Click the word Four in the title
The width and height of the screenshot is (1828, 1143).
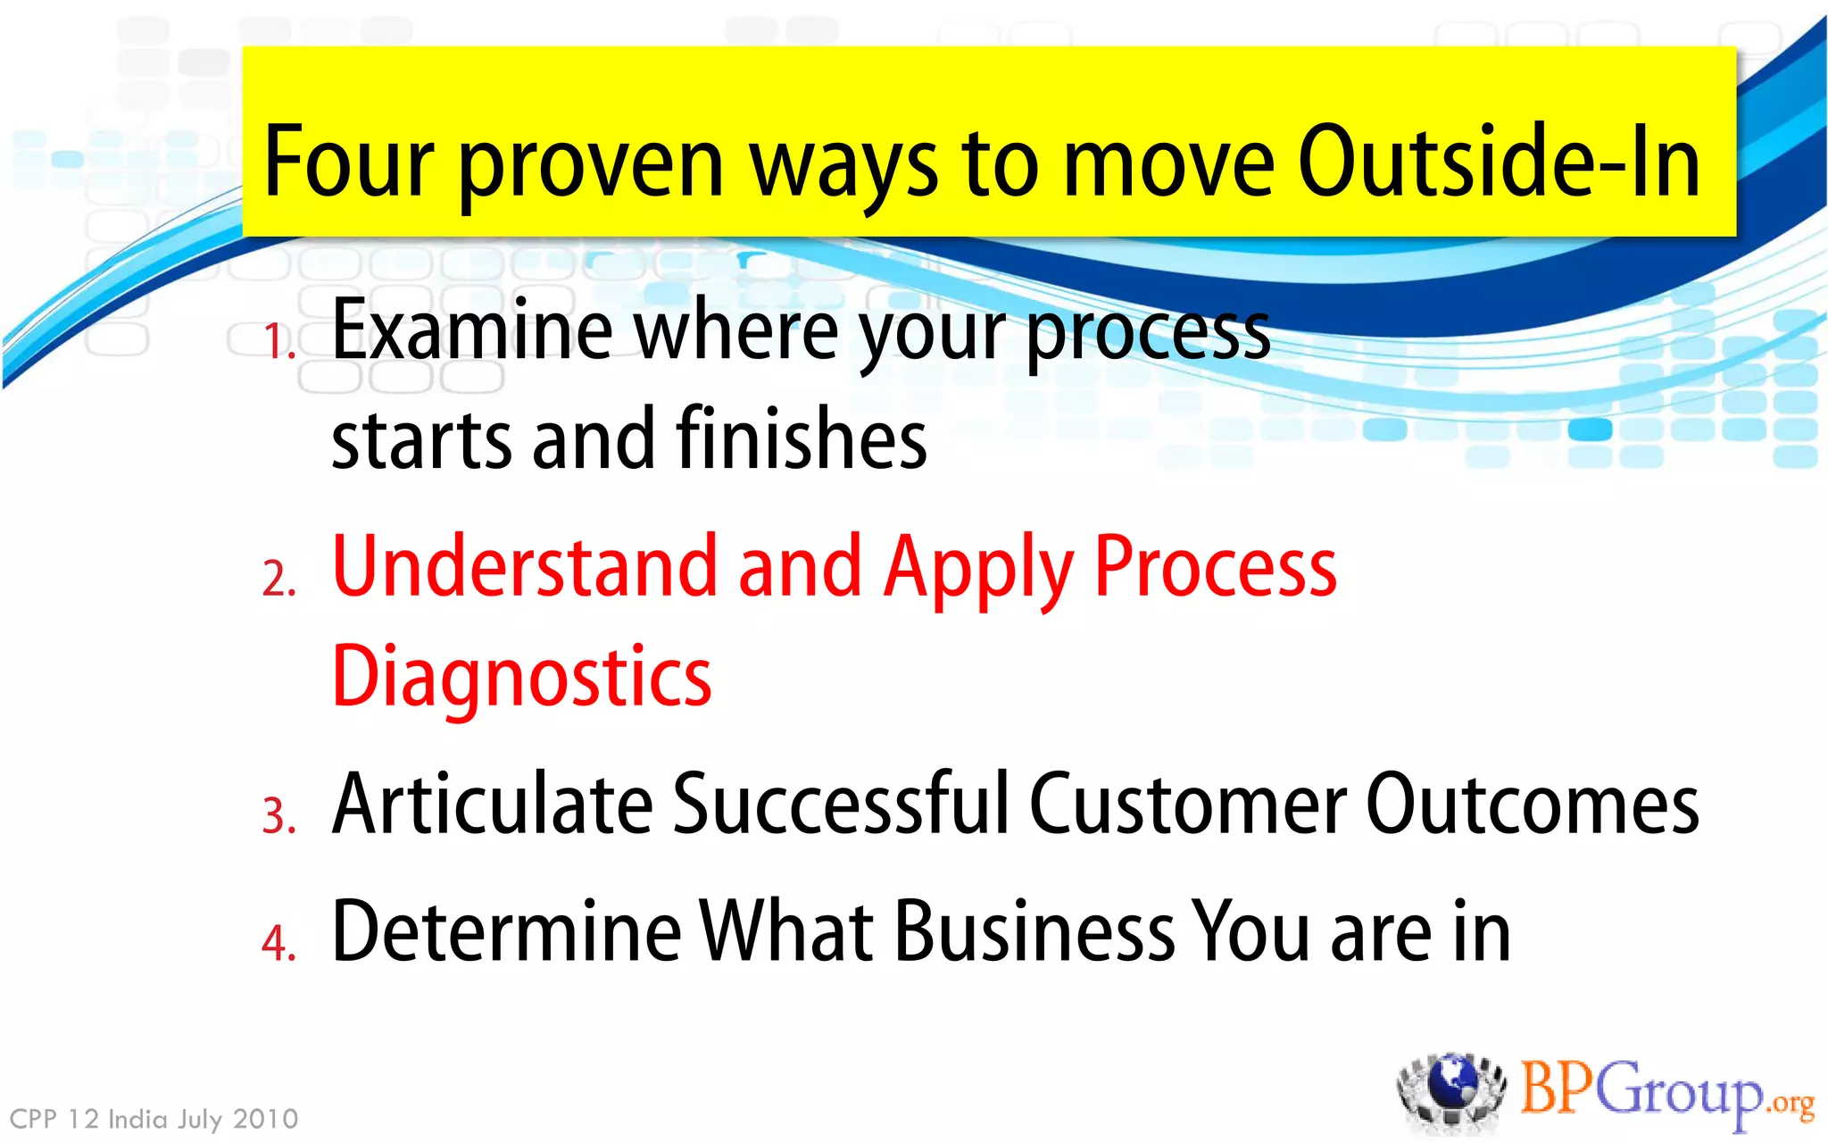tap(348, 163)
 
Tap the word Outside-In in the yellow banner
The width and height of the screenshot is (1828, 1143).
tap(1499, 163)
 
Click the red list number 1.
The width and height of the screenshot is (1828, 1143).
tap(278, 342)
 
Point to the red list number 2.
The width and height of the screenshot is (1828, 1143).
tap(278, 579)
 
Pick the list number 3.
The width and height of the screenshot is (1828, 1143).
tap(278, 816)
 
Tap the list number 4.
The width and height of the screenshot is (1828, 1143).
tap(278, 943)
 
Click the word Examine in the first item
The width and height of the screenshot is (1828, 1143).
tap(472, 330)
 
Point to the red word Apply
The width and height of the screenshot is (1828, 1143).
tap(978, 571)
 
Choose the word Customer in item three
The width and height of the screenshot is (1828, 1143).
tap(1188, 805)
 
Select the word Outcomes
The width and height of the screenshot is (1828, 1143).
tap(1532, 805)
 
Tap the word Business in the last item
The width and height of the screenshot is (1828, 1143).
tap(1034, 932)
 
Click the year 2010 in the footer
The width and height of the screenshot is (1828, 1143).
tap(265, 1119)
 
